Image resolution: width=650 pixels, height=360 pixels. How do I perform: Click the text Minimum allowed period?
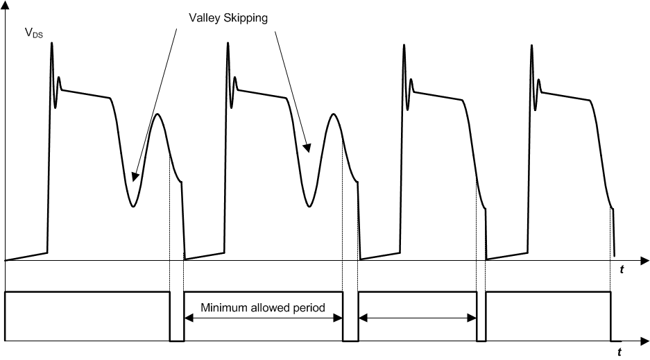263,307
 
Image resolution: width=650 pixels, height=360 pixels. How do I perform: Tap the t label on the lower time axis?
619,352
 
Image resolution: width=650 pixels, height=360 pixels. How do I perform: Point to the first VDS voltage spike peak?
51,44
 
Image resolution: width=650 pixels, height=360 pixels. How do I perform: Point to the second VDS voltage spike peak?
228,44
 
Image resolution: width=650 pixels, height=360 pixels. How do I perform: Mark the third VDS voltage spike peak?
404,46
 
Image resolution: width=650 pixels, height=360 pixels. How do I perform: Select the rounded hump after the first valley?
158,114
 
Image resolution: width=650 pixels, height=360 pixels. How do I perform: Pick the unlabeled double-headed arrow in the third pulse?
418,318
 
